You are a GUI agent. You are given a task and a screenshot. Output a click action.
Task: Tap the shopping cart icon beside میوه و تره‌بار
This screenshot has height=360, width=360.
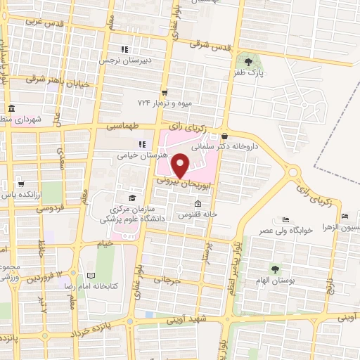coord(165,92)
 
